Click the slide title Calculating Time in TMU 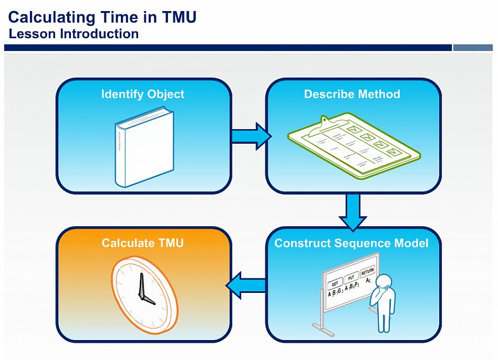[102, 17]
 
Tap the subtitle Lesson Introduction [74, 34]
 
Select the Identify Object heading [143, 94]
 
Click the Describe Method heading [352, 94]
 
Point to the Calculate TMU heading [143, 243]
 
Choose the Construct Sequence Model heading [352, 243]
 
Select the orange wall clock [145, 294]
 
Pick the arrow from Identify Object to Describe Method [250, 136]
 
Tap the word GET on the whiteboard [335, 282]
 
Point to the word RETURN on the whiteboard [367, 272]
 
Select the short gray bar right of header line [472, 48]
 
